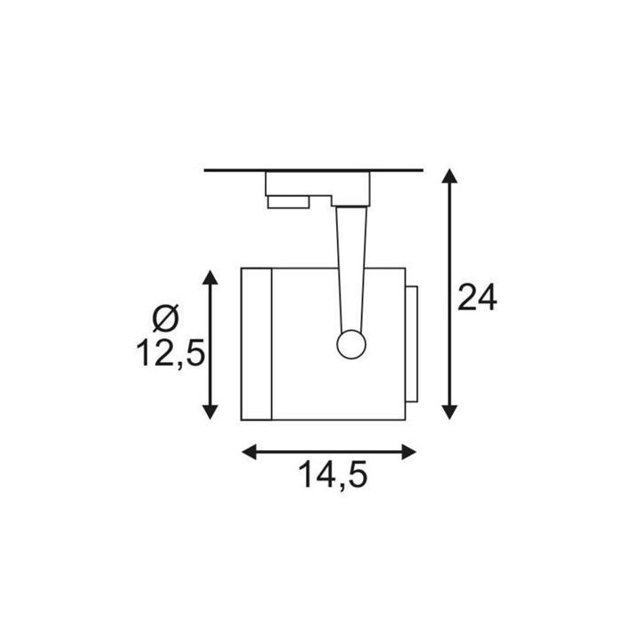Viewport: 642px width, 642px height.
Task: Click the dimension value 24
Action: point(477,297)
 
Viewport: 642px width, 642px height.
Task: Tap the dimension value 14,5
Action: point(333,474)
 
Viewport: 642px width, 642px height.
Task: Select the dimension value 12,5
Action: point(170,353)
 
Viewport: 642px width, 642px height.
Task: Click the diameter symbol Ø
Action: point(166,318)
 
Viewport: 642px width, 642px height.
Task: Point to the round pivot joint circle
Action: point(351,344)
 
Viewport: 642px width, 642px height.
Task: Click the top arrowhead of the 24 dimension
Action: point(449,176)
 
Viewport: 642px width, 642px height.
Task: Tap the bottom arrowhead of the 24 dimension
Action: point(449,412)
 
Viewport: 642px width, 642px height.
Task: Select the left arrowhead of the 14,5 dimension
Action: point(250,452)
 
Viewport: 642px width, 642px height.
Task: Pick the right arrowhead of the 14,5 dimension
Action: point(409,452)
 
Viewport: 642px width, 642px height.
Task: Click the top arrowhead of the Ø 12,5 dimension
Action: point(210,277)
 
